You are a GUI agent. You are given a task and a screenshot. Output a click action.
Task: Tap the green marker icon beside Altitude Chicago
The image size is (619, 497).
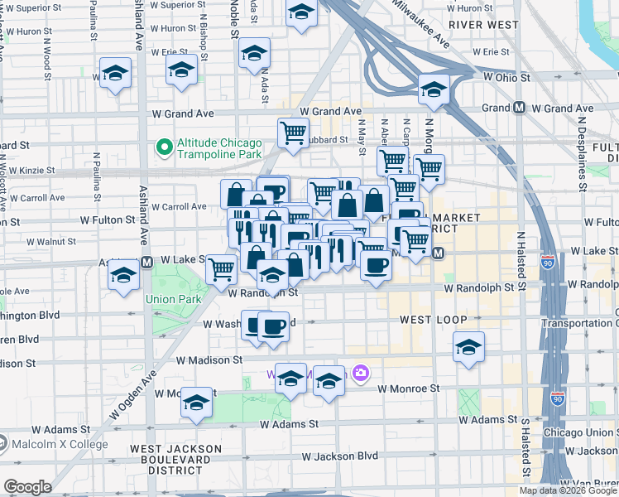point(164,148)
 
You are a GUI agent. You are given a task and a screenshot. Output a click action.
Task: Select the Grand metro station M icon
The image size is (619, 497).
point(520,108)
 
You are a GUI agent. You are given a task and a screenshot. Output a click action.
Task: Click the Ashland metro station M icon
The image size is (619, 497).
point(146,262)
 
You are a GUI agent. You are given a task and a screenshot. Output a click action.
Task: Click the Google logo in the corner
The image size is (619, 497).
point(27,487)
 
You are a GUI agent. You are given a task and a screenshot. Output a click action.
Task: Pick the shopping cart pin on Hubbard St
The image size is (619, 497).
point(293,133)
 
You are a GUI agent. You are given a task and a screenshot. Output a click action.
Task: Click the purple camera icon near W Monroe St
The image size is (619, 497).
point(360,374)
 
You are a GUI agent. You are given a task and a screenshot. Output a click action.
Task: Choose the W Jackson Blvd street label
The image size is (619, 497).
point(339,456)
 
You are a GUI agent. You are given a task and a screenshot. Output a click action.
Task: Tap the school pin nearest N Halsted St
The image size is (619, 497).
point(468,348)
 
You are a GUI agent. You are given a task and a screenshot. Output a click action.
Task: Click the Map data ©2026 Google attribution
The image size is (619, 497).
point(567,490)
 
